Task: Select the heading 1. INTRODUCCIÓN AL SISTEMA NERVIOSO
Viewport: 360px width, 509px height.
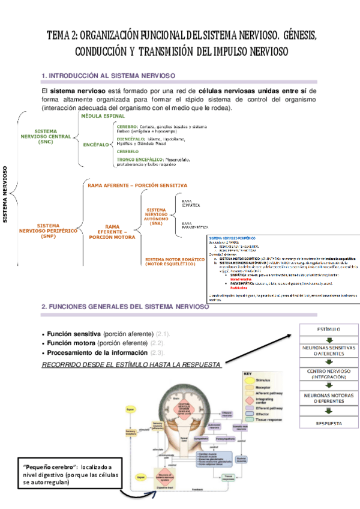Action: click(x=108, y=76)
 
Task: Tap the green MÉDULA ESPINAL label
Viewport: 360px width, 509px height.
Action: click(x=103, y=116)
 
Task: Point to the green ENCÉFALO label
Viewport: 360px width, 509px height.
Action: click(x=95, y=145)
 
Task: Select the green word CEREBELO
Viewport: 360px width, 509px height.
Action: click(x=128, y=152)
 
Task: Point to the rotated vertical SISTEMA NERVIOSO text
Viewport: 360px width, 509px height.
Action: click(x=5, y=194)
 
